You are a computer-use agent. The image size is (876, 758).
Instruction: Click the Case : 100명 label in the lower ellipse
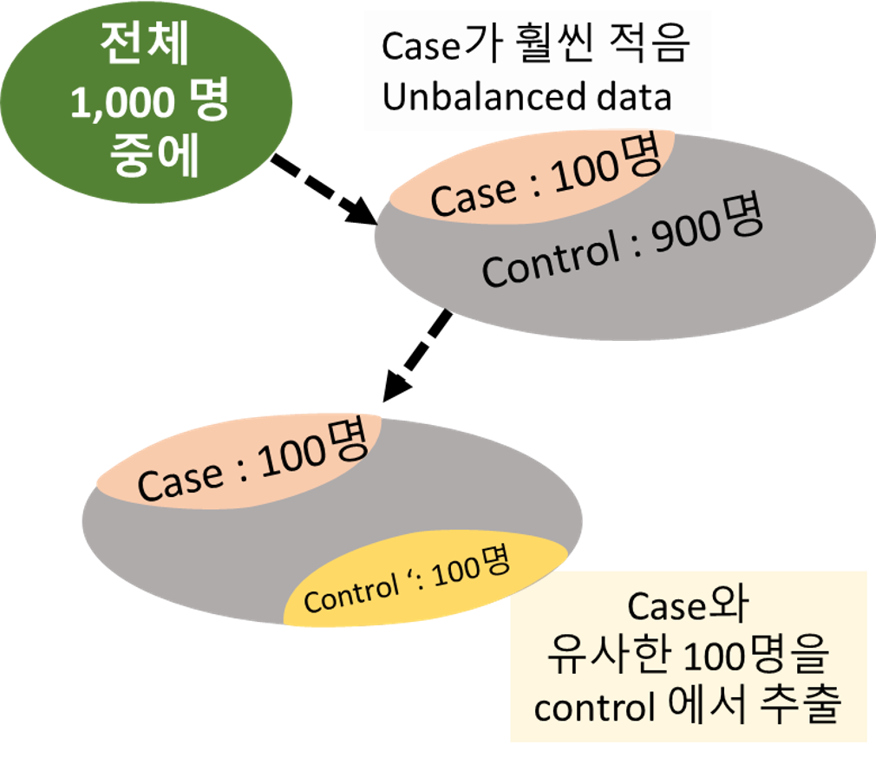[x=252, y=468]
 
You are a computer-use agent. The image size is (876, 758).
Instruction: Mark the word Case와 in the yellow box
[x=690, y=608]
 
